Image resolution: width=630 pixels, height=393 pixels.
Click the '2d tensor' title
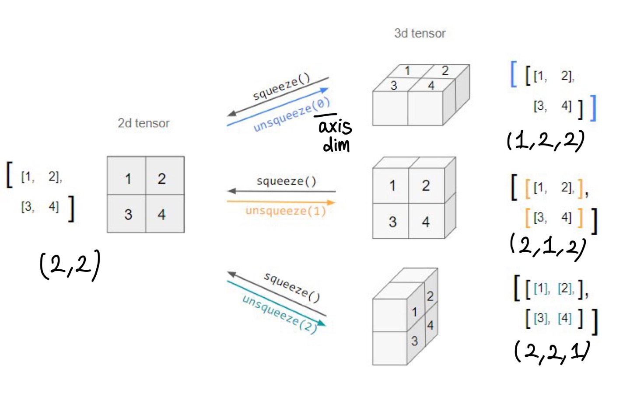click(143, 123)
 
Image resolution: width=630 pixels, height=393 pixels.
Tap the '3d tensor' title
click(420, 33)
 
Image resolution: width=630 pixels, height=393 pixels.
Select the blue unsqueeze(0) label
click(292, 115)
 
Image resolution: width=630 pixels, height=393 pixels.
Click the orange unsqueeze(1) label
click(286, 211)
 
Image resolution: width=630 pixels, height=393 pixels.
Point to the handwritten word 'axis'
click(335, 127)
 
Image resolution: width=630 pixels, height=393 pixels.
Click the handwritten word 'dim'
click(336, 145)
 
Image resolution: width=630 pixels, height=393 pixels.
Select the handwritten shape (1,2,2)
click(545, 141)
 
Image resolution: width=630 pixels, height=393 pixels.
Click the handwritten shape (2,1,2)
click(548, 247)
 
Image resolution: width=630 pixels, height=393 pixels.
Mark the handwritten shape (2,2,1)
click(551, 351)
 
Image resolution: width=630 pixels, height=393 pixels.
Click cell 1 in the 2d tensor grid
click(128, 178)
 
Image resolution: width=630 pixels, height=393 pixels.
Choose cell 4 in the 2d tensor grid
click(162, 214)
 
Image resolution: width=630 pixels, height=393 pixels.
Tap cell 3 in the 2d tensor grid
click(128, 214)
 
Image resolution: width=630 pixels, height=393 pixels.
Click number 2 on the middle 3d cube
click(426, 185)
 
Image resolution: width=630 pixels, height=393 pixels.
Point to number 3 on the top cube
click(393, 85)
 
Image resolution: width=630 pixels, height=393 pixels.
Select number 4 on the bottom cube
click(430, 325)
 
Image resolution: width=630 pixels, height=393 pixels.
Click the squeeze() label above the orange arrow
click(286, 181)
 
